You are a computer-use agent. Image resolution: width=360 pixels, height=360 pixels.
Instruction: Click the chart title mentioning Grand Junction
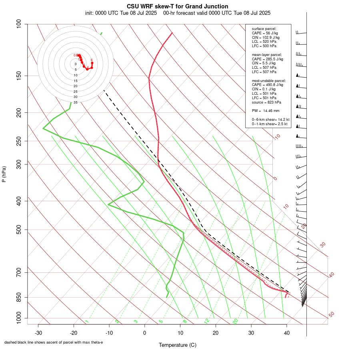tap(178, 6)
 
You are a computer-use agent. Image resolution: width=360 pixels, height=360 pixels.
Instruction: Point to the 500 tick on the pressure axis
tap(18, 230)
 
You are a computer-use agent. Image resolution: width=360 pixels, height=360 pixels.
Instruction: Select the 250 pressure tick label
tap(18, 141)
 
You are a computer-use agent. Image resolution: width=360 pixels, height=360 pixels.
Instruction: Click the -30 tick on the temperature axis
tap(38, 333)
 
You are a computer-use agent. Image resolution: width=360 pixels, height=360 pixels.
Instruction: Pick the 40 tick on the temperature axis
tap(286, 333)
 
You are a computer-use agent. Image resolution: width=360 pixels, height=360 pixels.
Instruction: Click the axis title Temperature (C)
tap(178, 345)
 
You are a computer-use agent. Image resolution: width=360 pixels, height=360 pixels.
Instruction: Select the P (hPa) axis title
tap(4, 174)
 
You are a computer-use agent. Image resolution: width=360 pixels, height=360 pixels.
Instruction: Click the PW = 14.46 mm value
tap(266, 110)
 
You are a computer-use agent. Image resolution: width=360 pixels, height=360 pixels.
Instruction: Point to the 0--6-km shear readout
tap(270, 120)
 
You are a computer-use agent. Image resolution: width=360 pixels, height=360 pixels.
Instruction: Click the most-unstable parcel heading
tap(266, 80)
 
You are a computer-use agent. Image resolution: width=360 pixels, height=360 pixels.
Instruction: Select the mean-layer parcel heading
tap(267, 54)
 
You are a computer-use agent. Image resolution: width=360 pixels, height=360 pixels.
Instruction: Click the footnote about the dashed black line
tap(54, 342)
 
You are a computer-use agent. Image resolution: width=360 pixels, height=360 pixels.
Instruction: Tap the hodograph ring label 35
tap(75, 102)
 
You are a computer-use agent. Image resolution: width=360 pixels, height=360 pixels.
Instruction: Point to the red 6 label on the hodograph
tap(92, 60)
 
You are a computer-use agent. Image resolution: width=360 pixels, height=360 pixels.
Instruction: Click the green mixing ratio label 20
tap(235, 321)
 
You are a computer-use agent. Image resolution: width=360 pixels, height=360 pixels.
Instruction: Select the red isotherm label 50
tap(331, 315)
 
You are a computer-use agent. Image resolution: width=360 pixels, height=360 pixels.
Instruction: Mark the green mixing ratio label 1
tap(87, 322)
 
